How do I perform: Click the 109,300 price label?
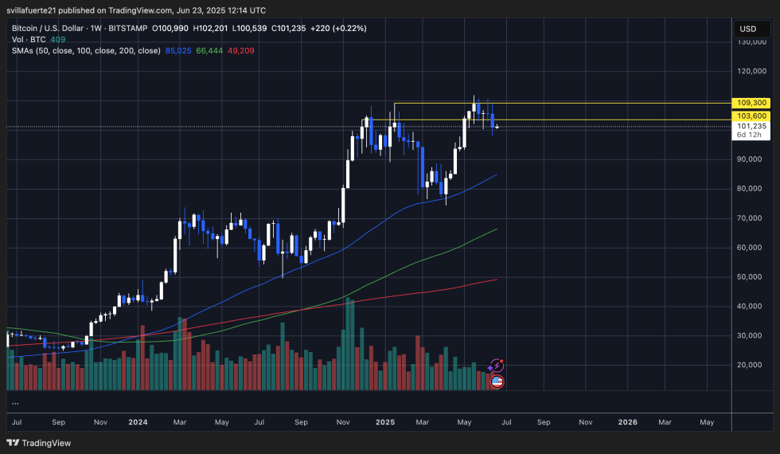(x=752, y=103)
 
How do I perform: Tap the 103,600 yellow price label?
(x=752, y=115)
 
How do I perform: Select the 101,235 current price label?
(x=752, y=126)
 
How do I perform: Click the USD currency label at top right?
(x=747, y=29)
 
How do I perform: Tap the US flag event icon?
(x=497, y=382)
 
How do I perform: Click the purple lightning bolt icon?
(x=497, y=366)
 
